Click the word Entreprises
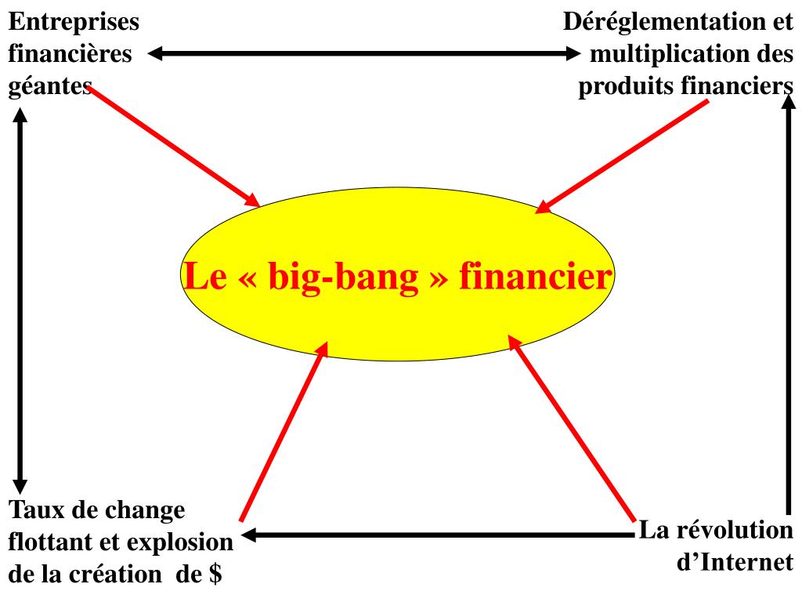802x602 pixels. click(x=74, y=22)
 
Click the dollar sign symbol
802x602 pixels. click(x=215, y=575)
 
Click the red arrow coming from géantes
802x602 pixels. click(x=172, y=145)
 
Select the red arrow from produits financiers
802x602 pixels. click(x=623, y=157)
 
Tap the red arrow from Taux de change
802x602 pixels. click(x=283, y=435)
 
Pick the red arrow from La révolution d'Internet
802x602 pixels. click(x=572, y=427)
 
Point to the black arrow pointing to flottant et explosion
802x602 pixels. click(x=439, y=536)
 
